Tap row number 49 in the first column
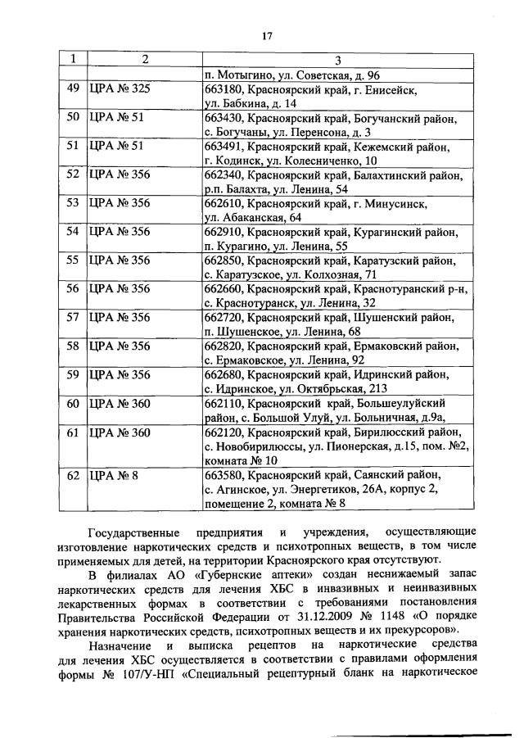click(72, 88)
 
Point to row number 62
click(72, 474)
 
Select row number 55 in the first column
click(72, 260)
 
